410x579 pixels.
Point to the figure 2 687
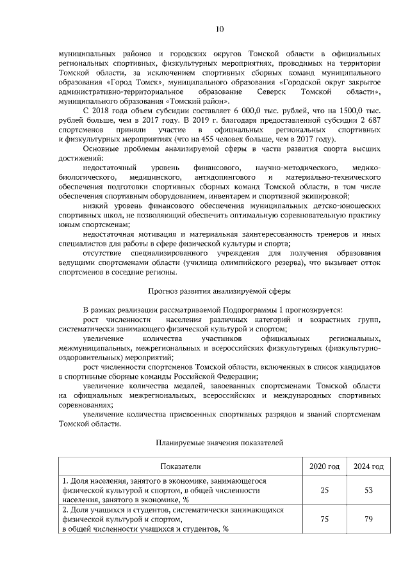point(370,120)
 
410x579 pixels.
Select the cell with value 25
point(324,489)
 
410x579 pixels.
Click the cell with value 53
point(368,489)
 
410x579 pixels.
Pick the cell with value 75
point(324,520)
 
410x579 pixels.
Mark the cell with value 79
point(368,520)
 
